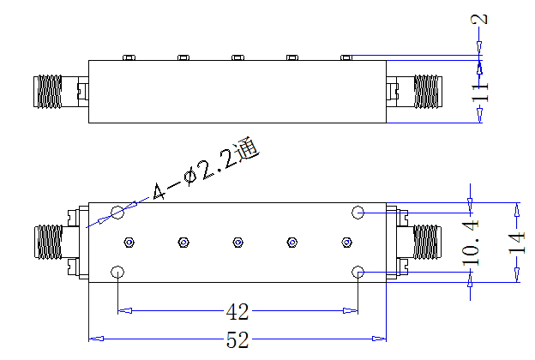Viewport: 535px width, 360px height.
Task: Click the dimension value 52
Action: [237, 339]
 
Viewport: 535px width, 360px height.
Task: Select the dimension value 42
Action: [237, 311]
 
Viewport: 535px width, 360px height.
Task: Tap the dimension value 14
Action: [517, 243]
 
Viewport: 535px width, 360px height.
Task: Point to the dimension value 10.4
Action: [471, 243]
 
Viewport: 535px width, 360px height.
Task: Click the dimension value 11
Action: [480, 92]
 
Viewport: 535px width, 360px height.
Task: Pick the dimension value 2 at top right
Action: [479, 19]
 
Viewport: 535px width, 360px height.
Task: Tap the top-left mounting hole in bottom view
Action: [117, 213]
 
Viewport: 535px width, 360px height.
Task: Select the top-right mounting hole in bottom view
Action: [358, 213]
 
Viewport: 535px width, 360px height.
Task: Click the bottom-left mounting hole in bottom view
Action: [117, 272]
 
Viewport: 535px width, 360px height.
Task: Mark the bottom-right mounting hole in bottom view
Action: [358, 272]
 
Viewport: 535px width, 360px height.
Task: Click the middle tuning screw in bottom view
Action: [237, 243]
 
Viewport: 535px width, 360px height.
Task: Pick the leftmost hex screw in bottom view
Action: [129, 243]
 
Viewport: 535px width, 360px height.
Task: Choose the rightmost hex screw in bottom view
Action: [346, 243]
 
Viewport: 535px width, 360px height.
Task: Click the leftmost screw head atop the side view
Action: [129, 57]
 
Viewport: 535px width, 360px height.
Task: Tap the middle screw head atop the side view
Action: [237, 57]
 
